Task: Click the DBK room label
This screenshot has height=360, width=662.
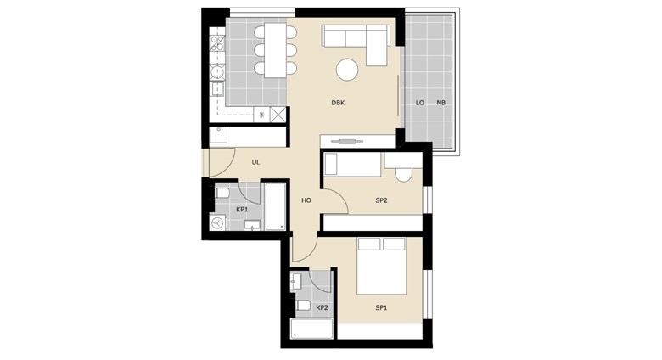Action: tap(338, 103)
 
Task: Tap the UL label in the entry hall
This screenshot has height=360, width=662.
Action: tap(255, 162)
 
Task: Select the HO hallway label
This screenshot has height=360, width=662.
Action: tap(306, 200)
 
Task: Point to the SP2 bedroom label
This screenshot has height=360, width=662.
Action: tap(381, 200)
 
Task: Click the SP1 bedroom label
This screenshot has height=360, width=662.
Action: tap(381, 308)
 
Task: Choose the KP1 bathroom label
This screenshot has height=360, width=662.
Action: tap(242, 209)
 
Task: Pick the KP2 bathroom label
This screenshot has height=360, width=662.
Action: tap(323, 307)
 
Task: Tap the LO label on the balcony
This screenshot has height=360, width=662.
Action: tap(419, 103)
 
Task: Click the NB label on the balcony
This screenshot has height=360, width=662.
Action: tap(441, 103)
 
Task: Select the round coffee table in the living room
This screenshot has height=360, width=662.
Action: tap(347, 70)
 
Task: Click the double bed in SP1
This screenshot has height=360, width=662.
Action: tap(382, 266)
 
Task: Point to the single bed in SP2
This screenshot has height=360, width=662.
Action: tap(352, 165)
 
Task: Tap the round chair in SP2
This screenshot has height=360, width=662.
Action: tap(403, 175)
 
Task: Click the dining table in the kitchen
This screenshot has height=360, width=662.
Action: tap(275, 50)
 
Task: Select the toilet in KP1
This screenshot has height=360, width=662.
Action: tap(222, 194)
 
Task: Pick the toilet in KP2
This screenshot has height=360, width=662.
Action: tap(302, 306)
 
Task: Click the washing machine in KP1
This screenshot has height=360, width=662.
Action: tap(218, 222)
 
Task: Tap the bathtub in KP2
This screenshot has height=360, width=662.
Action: tap(311, 329)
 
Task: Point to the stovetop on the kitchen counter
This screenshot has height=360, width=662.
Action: tap(217, 43)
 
